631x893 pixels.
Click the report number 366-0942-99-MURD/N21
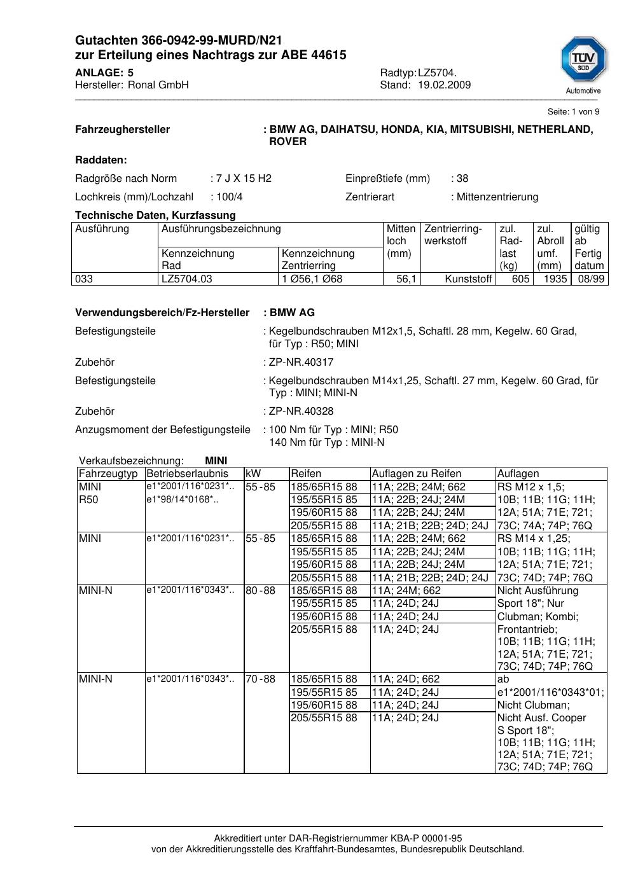203,41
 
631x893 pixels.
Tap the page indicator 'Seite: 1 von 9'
573,112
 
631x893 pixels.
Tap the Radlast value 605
520,279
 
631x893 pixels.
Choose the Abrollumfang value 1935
555,279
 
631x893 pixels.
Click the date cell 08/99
591,279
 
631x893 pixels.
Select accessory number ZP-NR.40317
301,363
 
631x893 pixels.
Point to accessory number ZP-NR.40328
301,412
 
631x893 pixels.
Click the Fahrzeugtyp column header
108,474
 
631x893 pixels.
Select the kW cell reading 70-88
260,679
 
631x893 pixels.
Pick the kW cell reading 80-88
260,591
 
